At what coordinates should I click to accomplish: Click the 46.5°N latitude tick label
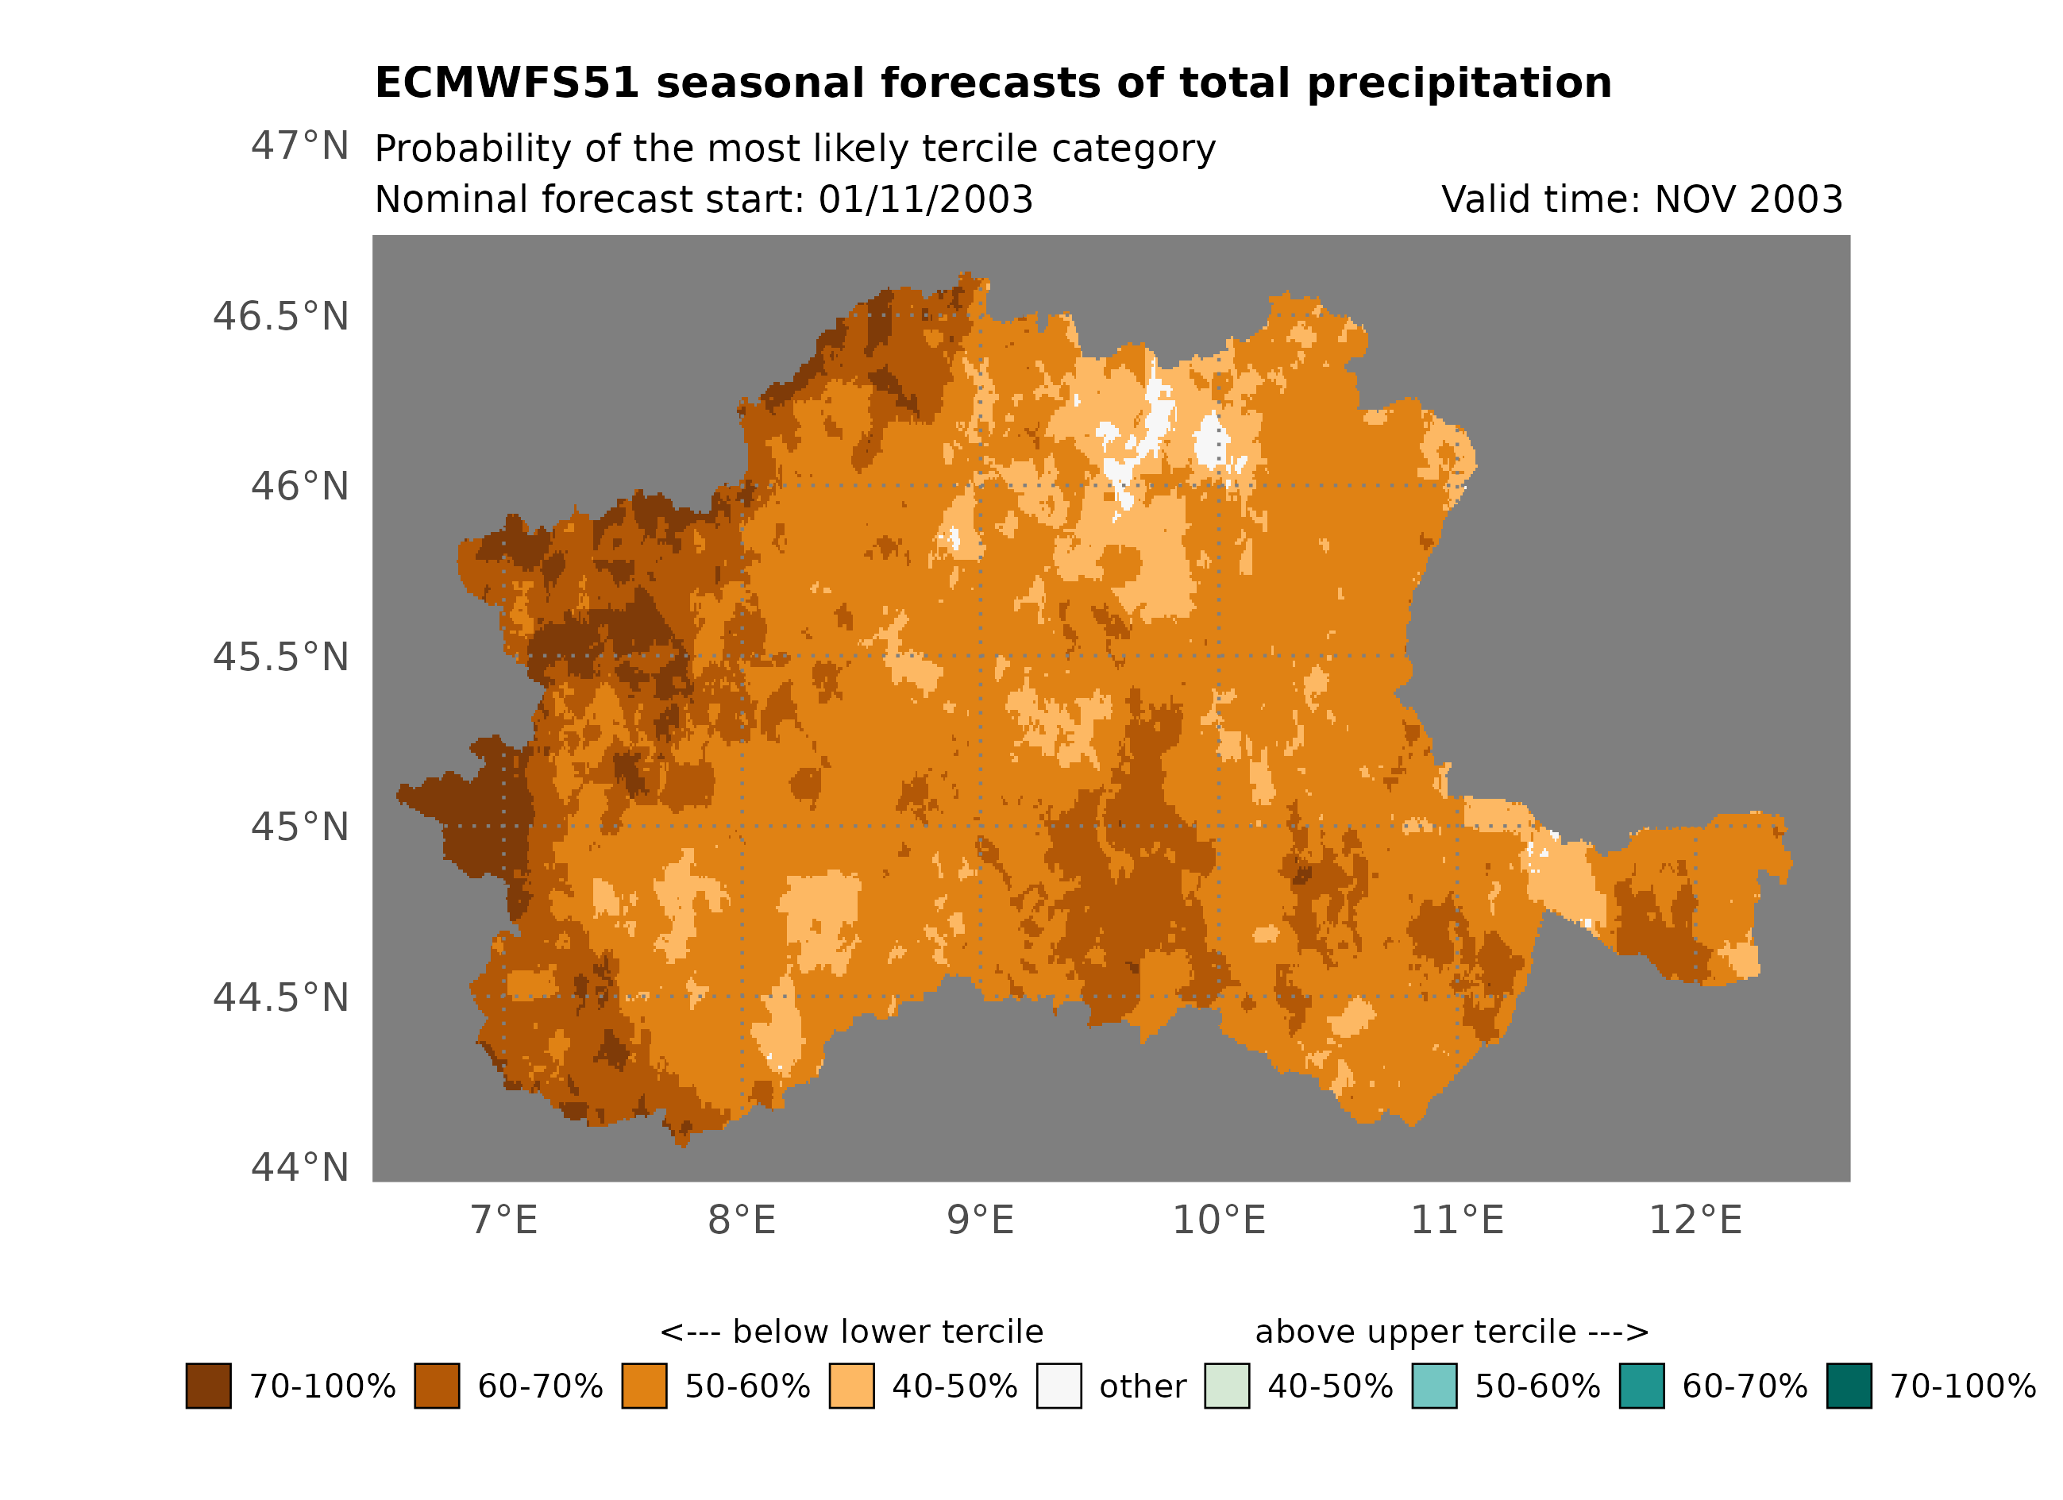[x=280, y=317]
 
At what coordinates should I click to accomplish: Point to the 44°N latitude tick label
[x=299, y=1167]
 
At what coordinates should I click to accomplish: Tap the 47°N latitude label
[x=299, y=145]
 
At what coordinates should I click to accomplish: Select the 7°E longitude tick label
[x=504, y=1220]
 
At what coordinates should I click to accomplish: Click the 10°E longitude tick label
[x=1219, y=1220]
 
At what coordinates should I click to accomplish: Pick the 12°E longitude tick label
[x=1695, y=1220]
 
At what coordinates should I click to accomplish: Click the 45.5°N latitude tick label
[x=280, y=657]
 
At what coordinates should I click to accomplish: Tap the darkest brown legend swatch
[x=208, y=1386]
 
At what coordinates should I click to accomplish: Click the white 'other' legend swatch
[x=1058, y=1386]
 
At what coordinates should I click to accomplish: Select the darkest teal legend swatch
[x=1849, y=1386]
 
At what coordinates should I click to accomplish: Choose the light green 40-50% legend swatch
[x=1227, y=1386]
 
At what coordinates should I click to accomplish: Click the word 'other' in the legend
[x=1143, y=1386]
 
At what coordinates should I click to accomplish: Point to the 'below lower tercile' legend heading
[x=851, y=1332]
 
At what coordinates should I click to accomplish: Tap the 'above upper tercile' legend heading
[x=1451, y=1332]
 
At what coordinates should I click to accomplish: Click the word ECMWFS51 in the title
[x=507, y=83]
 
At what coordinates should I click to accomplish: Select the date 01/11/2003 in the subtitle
[x=925, y=199]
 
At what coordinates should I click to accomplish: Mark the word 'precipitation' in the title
[x=1459, y=83]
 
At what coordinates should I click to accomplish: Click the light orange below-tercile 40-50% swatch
[x=851, y=1386]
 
